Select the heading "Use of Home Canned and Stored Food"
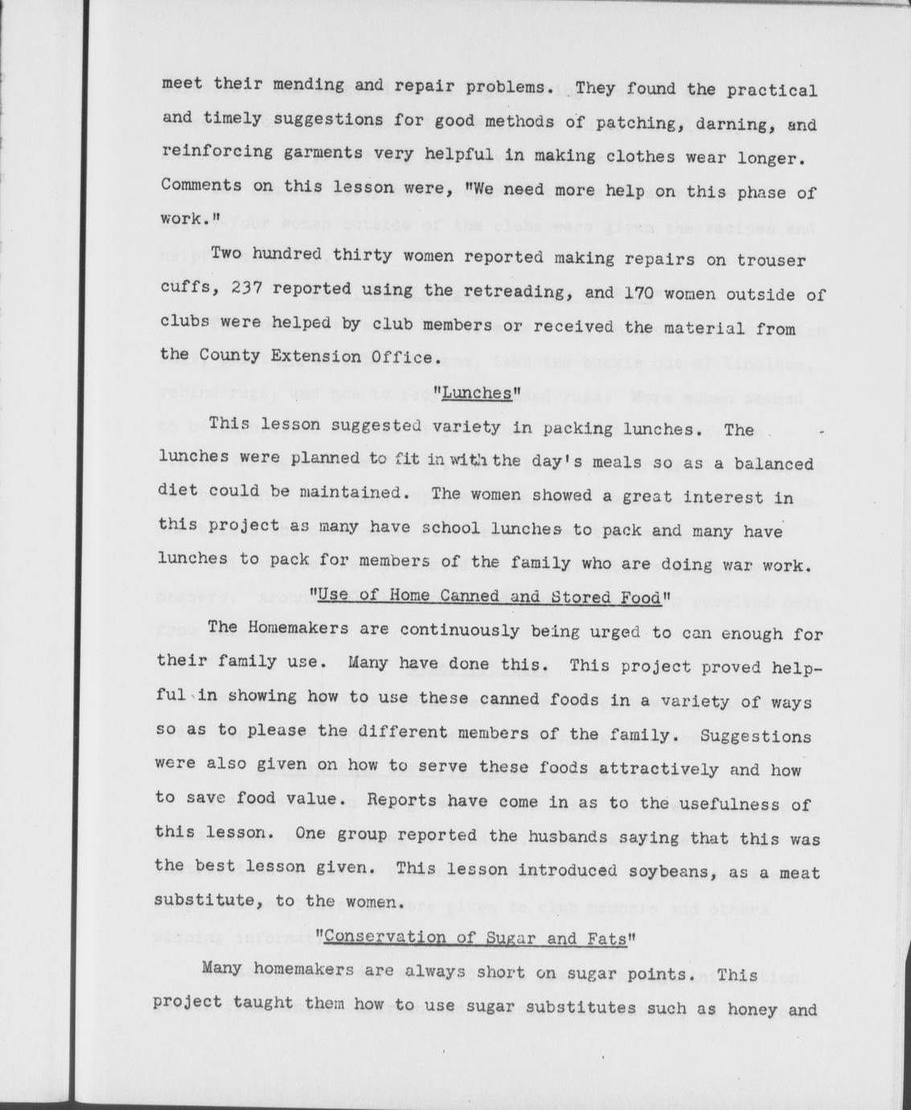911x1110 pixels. point(490,596)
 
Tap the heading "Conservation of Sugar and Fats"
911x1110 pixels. point(477,937)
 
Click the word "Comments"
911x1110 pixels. point(196,186)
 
